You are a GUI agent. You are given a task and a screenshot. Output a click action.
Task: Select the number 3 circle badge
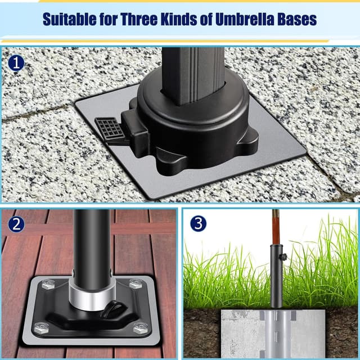[x=197, y=223]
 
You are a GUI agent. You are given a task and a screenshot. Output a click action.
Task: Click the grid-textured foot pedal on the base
[x=109, y=129]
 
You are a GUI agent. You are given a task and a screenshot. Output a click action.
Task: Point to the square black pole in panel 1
[x=192, y=73]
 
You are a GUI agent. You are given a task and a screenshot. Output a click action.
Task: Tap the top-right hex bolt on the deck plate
[x=136, y=285]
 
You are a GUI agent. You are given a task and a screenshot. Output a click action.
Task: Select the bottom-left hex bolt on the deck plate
[x=41, y=327]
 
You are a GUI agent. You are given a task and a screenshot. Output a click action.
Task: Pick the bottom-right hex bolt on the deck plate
[x=141, y=328]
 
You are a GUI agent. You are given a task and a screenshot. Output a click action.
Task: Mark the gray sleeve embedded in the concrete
[x=276, y=332]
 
